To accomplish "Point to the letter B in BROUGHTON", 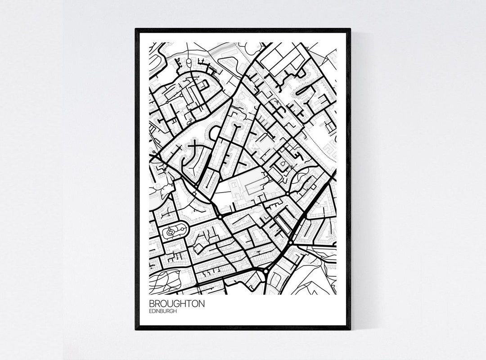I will point(152,304).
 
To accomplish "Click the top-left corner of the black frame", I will point(136,29).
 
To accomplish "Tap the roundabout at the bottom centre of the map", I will point(266,271).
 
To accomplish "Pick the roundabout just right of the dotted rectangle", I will point(288,193).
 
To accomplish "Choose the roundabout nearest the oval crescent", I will point(220,217).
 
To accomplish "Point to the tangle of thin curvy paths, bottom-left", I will point(163,281).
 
